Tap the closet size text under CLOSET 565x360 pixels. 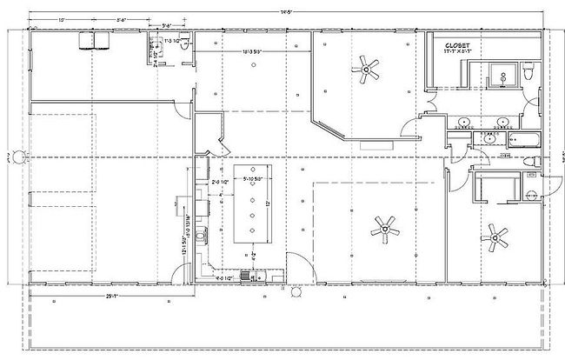(x=458, y=52)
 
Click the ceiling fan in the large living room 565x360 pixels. (x=383, y=229)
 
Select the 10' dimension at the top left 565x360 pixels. (x=61, y=19)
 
